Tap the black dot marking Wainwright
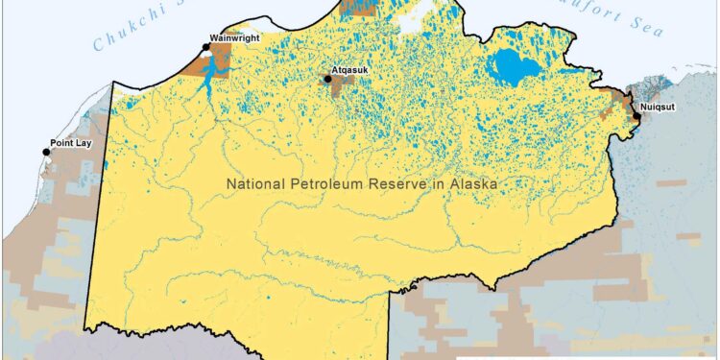(205, 45)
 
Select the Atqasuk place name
(351, 70)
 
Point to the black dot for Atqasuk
(327, 80)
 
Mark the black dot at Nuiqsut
(636, 116)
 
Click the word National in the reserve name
(257, 182)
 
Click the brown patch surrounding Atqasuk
(338, 88)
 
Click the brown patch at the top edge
(359, 8)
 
